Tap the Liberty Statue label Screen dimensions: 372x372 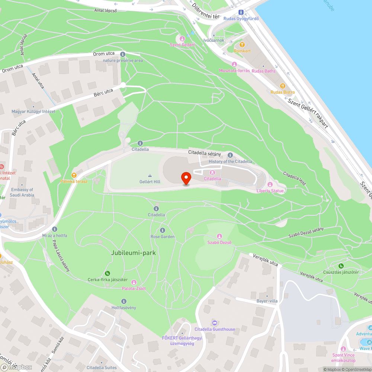click(x=270, y=191)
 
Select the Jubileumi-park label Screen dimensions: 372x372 click(x=133, y=253)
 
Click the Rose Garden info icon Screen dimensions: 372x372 click(x=162, y=230)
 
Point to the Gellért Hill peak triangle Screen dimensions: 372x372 click(x=150, y=176)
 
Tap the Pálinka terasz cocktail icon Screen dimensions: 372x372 click(x=74, y=175)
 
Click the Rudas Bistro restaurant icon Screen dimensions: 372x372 click(x=282, y=86)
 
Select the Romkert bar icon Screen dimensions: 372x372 click(x=242, y=45)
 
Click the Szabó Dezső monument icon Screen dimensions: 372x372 click(x=219, y=236)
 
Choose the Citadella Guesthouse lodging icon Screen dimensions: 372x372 click(x=215, y=323)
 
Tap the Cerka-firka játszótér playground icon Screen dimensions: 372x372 click(x=108, y=273)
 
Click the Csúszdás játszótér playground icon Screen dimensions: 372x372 click(x=341, y=266)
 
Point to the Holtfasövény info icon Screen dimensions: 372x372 click(x=124, y=301)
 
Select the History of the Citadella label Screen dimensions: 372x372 click(x=230, y=161)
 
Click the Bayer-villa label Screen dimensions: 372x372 click(x=267, y=301)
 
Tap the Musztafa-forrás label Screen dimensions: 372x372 click(x=234, y=71)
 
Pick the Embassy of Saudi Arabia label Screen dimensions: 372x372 click(x=22, y=192)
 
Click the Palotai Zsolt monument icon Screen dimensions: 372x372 click(x=134, y=282)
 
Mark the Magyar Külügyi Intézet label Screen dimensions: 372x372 click(x=33, y=111)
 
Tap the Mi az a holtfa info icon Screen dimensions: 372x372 click(x=55, y=229)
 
